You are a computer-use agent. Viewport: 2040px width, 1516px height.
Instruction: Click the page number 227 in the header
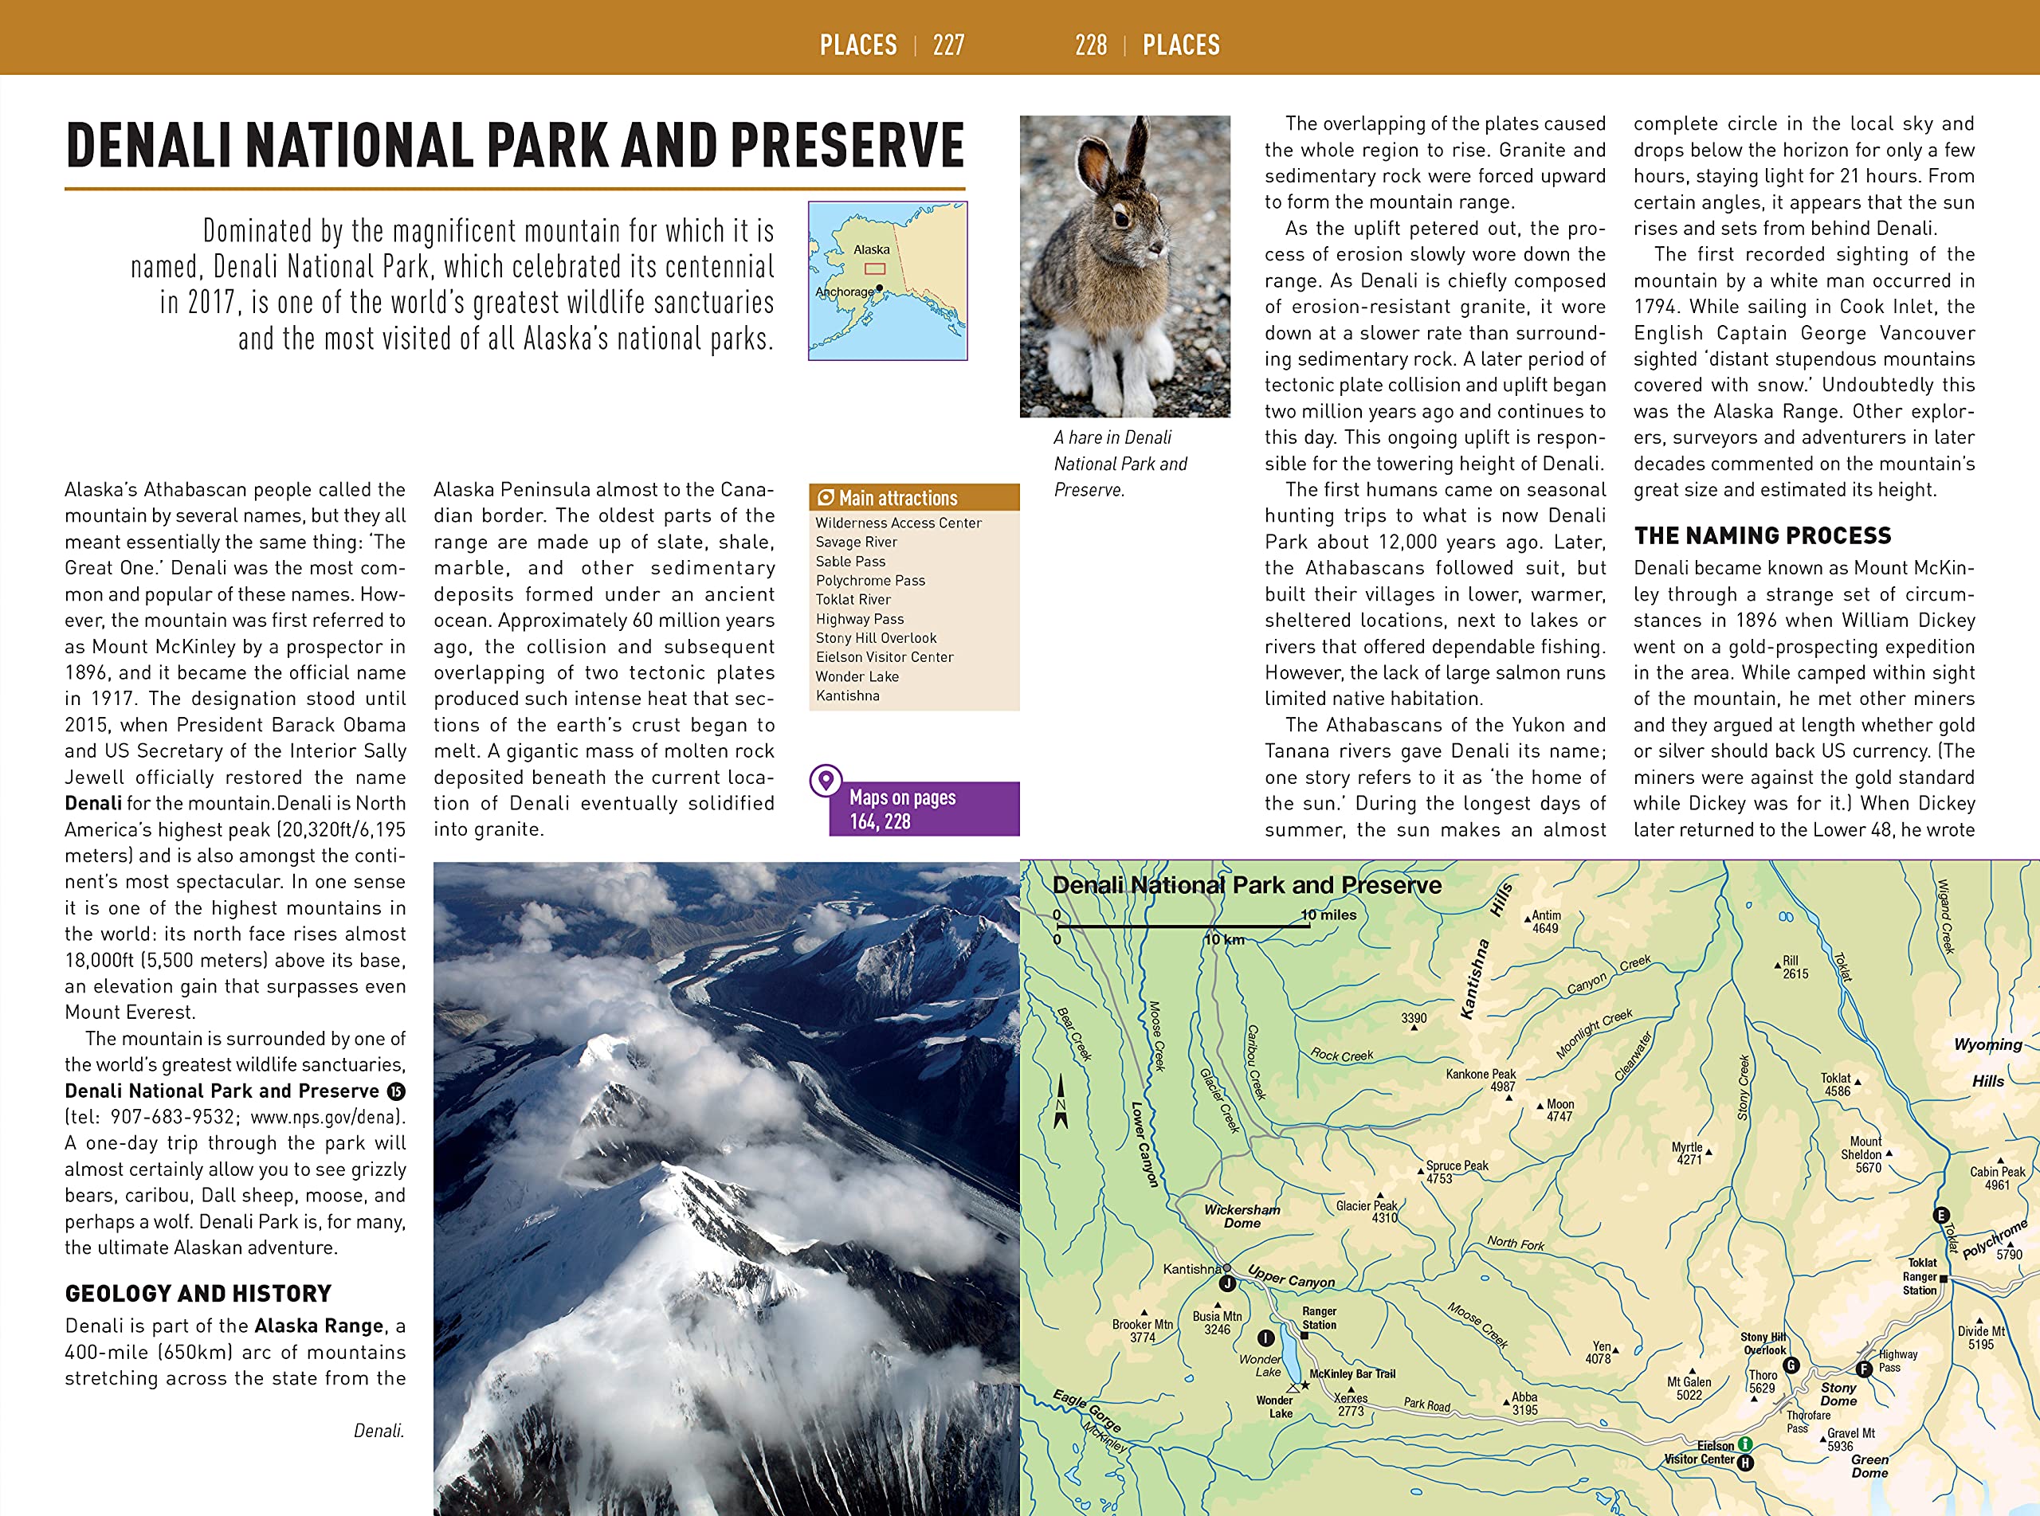pyautogui.click(x=948, y=45)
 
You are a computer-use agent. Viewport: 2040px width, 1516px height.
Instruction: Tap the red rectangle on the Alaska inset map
pyautogui.click(x=874, y=269)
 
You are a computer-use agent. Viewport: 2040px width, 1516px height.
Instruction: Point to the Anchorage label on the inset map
pyautogui.click(x=844, y=292)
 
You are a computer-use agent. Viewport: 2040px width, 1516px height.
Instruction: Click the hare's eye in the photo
pyautogui.click(x=1121, y=217)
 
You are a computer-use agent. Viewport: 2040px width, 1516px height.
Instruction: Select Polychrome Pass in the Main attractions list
pyautogui.click(x=870, y=580)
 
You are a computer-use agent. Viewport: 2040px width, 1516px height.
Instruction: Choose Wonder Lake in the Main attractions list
pyautogui.click(x=857, y=676)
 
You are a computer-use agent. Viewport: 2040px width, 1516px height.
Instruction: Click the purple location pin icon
pyautogui.click(x=826, y=780)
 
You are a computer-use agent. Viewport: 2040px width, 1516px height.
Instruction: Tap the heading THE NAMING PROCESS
pyautogui.click(x=1762, y=536)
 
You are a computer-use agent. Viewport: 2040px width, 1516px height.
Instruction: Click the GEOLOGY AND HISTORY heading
pyautogui.click(x=198, y=1294)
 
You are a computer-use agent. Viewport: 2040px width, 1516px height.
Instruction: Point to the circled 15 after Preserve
pyautogui.click(x=395, y=1091)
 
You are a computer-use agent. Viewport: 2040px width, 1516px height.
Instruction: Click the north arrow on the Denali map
pyautogui.click(x=1061, y=1102)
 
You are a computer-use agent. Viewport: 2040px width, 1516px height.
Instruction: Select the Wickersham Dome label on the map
pyautogui.click(x=1242, y=1216)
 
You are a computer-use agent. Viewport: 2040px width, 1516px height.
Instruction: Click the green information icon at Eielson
pyautogui.click(x=1744, y=1444)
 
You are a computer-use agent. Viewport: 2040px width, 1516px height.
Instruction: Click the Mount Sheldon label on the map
pyautogui.click(x=1862, y=1154)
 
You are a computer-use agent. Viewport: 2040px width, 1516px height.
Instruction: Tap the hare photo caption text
pyautogui.click(x=1120, y=464)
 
